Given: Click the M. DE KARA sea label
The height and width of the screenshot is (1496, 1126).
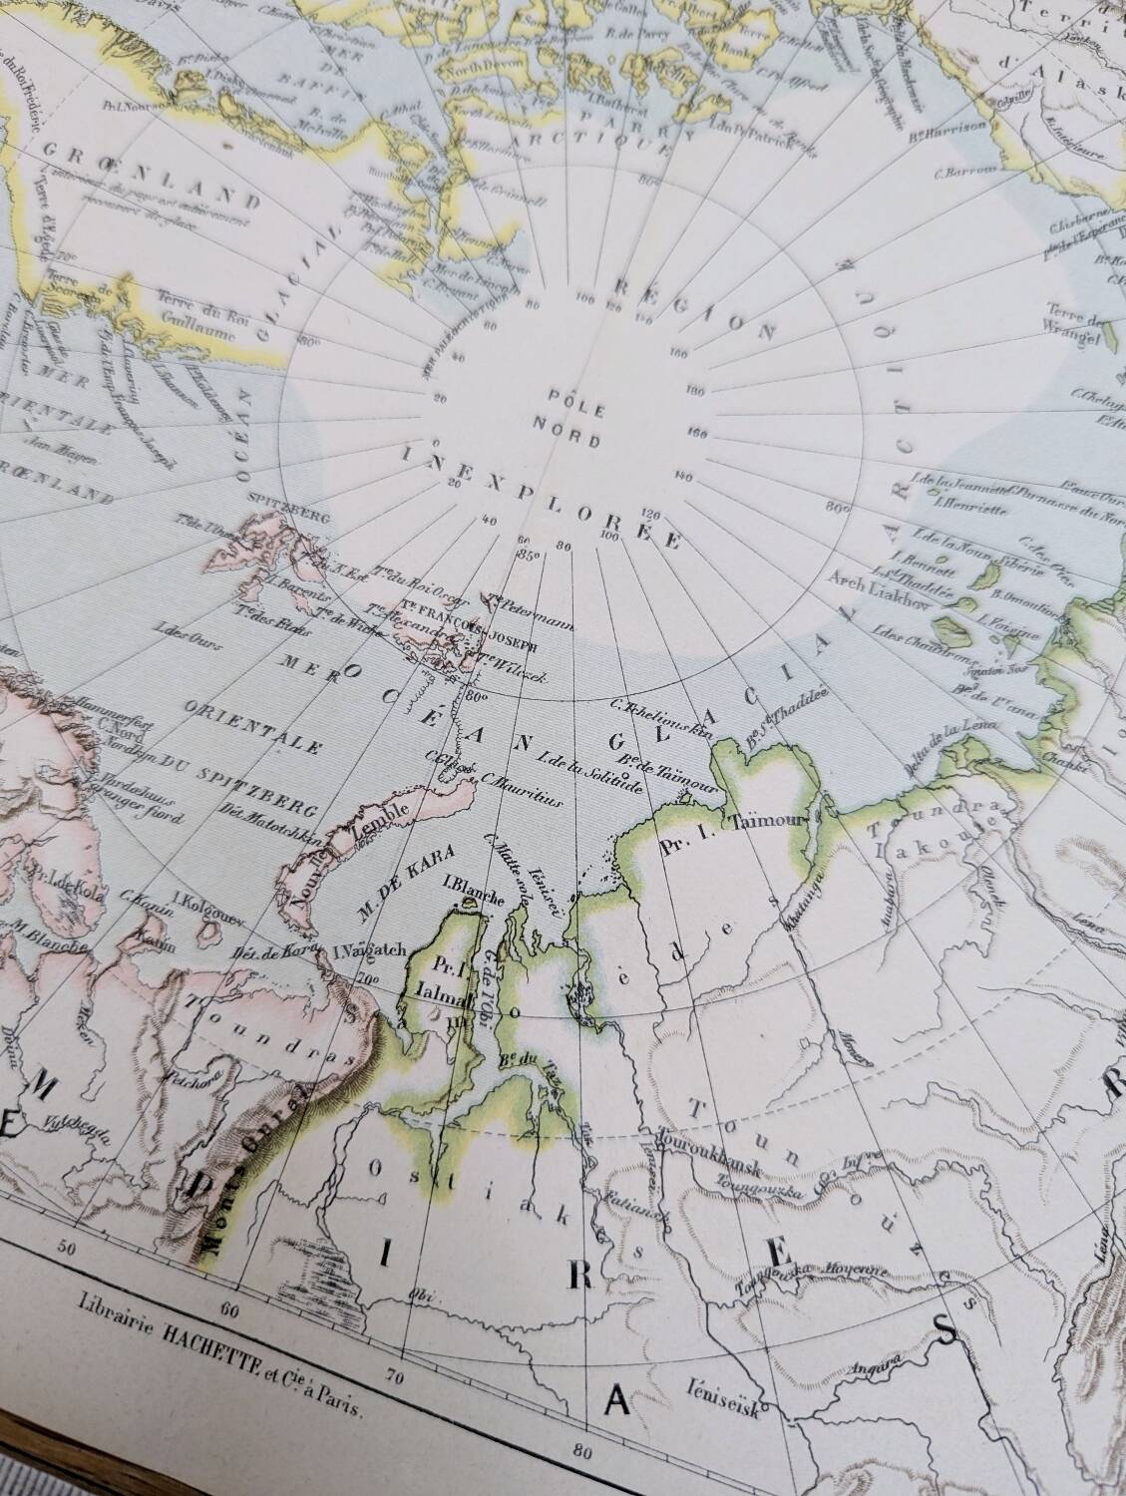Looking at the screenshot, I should pos(407,875).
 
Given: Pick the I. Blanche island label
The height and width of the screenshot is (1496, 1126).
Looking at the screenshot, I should pos(464,884).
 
